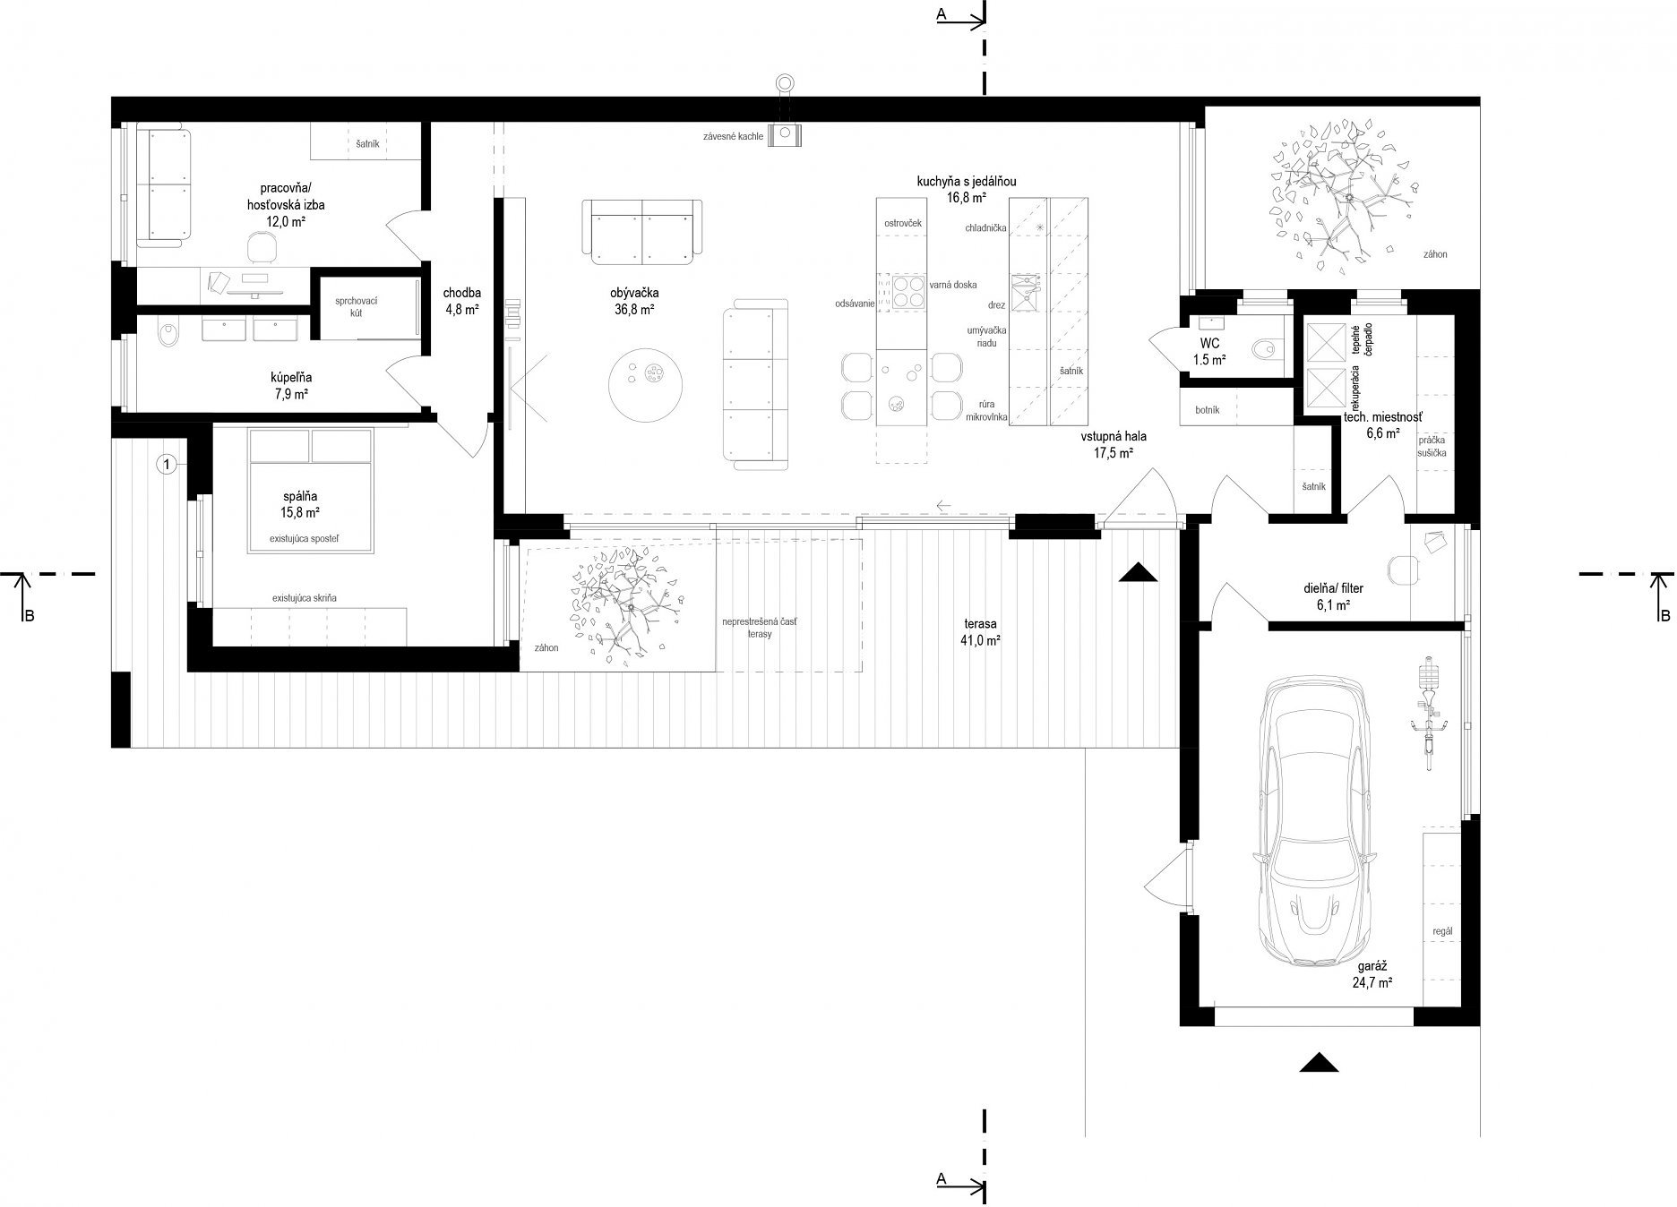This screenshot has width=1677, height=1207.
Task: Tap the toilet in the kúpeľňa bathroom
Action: coord(168,336)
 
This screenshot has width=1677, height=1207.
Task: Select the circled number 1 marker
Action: coord(168,464)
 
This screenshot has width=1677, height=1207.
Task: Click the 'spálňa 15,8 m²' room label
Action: coord(300,505)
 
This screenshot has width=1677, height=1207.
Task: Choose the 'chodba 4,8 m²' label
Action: coord(462,302)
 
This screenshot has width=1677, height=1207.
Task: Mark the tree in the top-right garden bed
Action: coord(1334,201)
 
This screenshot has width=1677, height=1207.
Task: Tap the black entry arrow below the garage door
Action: coord(1318,1062)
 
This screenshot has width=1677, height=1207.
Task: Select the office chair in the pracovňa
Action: coord(260,245)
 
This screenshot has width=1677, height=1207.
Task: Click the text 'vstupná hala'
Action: coord(1114,438)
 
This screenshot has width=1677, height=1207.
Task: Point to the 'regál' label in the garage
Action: coord(1442,931)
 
